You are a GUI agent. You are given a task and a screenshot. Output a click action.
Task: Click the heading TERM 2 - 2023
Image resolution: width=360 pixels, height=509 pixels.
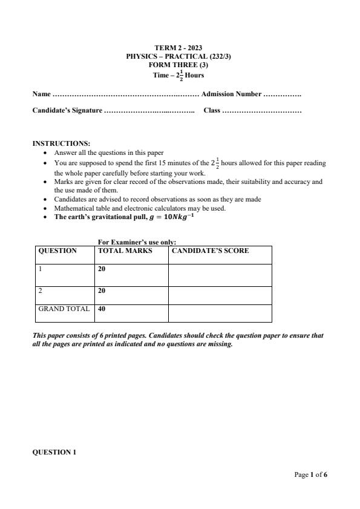[178, 48]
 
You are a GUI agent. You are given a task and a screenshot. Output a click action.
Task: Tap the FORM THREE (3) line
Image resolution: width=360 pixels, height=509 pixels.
[178, 65]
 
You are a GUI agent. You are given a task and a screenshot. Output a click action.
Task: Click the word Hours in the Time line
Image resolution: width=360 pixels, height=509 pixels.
[195, 76]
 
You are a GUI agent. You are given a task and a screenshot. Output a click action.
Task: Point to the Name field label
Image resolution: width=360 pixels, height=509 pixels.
[41, 94]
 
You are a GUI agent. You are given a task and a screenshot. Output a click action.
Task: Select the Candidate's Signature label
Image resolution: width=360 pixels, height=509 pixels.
[67, 111]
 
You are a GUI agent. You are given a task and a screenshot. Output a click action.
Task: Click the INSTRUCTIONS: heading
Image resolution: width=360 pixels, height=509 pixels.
[61, 143]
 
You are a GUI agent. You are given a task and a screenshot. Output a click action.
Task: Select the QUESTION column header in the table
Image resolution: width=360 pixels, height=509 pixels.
[57, 251]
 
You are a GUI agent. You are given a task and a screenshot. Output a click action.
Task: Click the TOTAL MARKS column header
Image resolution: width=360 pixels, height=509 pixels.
[125, 251]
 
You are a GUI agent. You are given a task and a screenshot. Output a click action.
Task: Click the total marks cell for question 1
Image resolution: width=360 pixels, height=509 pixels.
[102, 269]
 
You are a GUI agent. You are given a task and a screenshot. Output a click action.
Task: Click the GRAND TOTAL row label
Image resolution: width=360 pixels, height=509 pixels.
[64, 309]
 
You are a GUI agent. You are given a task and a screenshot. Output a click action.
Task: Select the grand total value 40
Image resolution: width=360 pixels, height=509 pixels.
[102, 309]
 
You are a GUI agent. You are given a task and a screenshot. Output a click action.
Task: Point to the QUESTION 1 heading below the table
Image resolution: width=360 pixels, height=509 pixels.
[54, 452]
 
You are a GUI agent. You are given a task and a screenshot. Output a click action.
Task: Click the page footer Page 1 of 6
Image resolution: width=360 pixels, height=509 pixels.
[310, 475]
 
